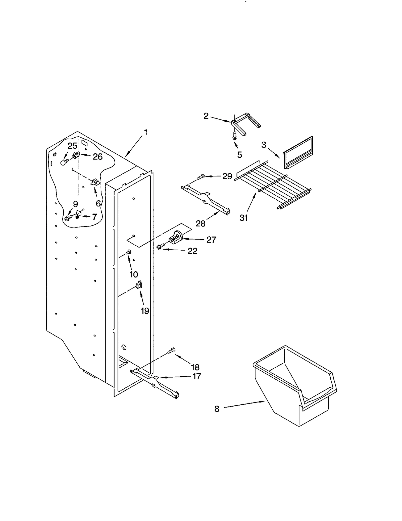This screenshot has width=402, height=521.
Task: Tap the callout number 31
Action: [243, 218]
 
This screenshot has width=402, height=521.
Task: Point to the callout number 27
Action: [211, 240]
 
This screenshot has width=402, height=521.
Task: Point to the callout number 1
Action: [145, 133]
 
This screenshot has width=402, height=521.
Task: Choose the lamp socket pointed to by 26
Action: [76, 156]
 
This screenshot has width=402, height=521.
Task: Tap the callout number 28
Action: [200, 223]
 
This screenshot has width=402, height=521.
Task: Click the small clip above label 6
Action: [95, 182]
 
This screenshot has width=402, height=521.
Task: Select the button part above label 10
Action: [129, 251]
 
